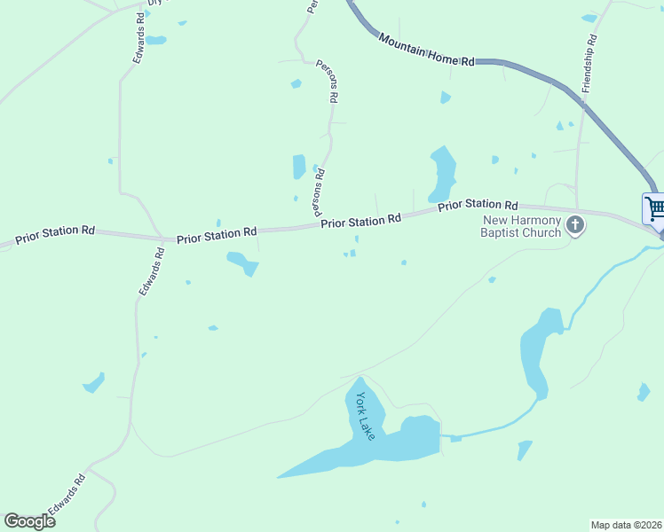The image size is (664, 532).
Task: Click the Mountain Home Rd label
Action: click(426, 51)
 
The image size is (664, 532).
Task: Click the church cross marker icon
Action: click(575, 225)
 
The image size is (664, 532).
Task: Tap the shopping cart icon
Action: click(655, 209)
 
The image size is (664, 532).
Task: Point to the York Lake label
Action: click(366, 416)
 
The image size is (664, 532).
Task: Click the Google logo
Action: click(29, 520)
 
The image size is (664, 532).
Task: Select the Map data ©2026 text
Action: click(626, 524)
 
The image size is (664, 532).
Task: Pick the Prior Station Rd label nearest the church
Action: click(478, 205)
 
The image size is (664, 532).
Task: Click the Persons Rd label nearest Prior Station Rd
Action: click(319, 192)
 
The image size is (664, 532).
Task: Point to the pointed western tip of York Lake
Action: click(281, 476)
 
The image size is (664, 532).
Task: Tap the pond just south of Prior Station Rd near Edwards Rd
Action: click(242, 262)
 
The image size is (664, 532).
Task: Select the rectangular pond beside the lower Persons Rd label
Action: click(299, 167)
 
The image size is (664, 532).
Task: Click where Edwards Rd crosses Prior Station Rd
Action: click(162, 238)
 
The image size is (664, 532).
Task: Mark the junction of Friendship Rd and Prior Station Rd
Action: click(576, 210)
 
